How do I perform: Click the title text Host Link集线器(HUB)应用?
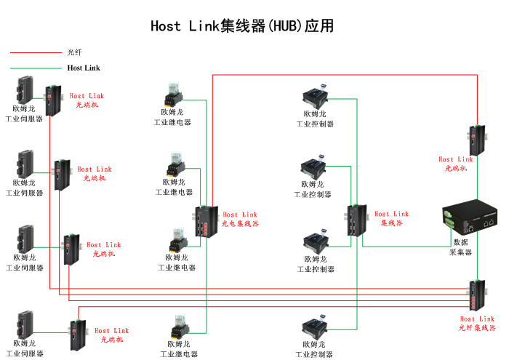(x=242, y=26)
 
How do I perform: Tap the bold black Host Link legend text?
(x=84, y=68)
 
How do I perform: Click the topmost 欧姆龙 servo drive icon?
(x=25, y=89)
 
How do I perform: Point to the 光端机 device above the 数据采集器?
(x=476, y=140)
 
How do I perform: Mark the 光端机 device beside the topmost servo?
(x=53, y=100)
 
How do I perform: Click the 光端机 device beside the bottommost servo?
(x=76, y=335)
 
